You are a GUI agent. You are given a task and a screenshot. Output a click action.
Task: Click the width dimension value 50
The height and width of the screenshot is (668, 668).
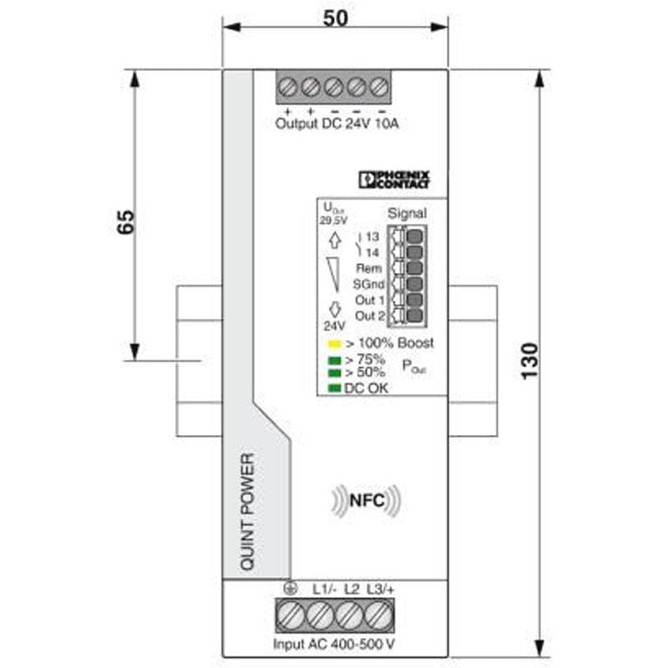(x=336, y=18)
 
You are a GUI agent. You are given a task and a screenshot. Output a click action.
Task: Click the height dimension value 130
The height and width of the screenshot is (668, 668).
(x=529, y=361)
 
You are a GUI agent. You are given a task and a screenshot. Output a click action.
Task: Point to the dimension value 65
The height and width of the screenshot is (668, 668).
(x=126, y=221)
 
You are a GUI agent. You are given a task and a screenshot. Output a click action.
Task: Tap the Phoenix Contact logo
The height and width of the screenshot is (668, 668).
(x=394, y=180)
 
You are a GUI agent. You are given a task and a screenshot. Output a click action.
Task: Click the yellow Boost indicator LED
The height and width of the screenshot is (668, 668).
(x=335, y=343)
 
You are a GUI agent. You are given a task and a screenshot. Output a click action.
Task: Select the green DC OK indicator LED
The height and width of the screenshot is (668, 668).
(x=335, y=388)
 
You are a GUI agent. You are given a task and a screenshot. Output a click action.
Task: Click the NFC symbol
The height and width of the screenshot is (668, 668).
(x=366, y=500)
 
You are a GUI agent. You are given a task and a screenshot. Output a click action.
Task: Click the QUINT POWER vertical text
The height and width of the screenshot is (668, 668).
(x=247, y=512)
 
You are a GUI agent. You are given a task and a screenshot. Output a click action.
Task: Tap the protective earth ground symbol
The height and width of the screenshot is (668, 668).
(x=290, y=589)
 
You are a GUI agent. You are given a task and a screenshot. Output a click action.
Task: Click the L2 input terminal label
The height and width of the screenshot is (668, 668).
(x=352, y=590)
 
